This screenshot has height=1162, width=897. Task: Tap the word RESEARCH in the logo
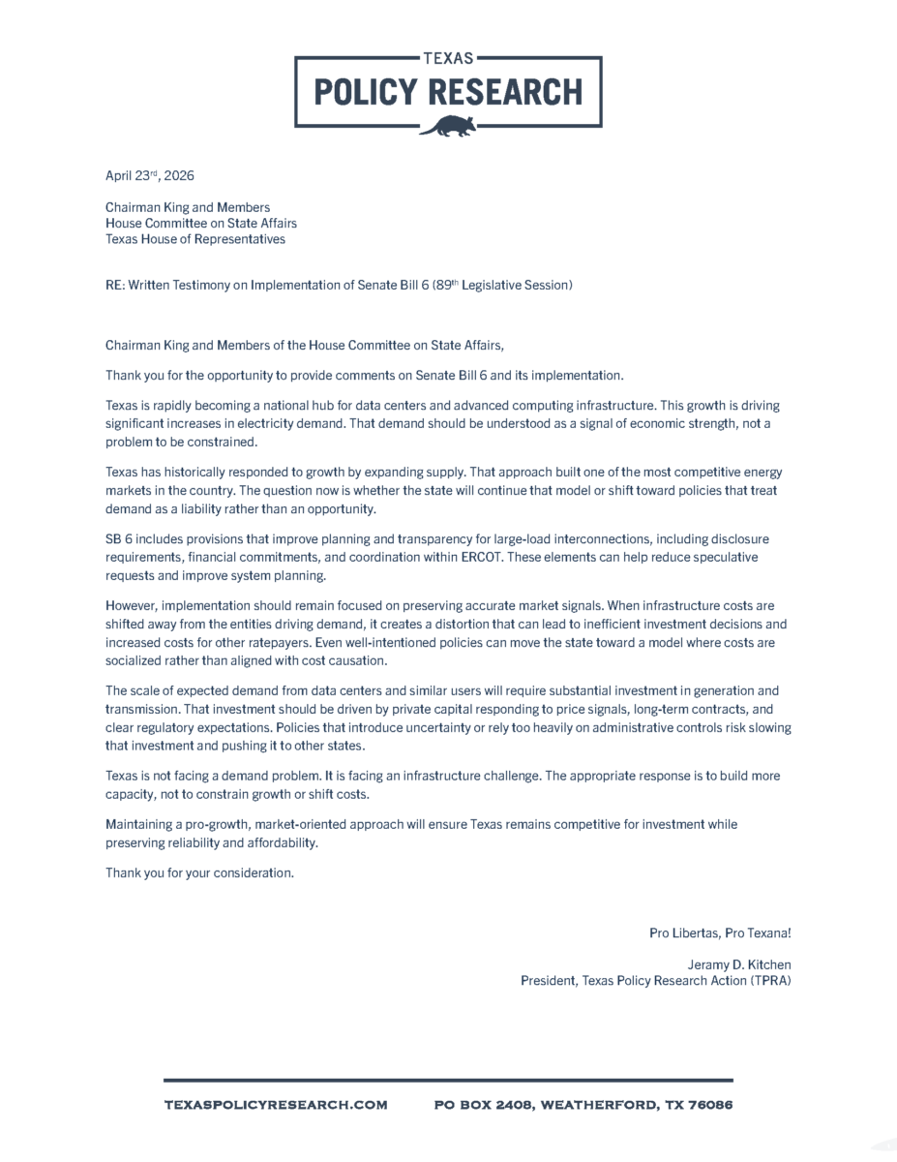pos(506,92)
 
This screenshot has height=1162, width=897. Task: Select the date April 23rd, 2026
pos(150,176)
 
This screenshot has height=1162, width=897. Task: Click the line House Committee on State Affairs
pos(201,224)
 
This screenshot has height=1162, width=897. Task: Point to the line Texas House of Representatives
pos(195,239)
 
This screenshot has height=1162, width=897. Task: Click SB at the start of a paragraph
pos(113,539)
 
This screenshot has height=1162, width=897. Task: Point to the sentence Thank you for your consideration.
pos(199,873)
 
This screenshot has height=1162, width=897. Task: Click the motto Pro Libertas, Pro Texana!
pos(720,933)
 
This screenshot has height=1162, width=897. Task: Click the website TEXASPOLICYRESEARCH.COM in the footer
pos(276,1105)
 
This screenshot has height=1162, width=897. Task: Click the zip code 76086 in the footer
pos(711,1105)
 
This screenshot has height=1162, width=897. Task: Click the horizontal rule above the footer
pos(447,1080)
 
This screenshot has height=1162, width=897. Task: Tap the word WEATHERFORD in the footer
pos(598,1105)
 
